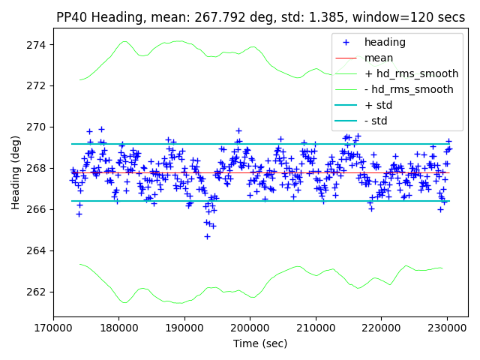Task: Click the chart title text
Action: point(260,17)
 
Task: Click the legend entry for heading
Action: point(384,42)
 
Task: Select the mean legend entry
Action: point(379,58)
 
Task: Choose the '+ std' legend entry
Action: point(378,105)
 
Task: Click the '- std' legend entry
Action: point(376,121)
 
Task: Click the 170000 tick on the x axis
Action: point(53,327)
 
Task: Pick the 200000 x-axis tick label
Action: point(250,327)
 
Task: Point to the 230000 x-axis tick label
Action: point(448,327)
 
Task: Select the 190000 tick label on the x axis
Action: point(184,327)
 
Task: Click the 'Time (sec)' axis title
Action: point(260,343)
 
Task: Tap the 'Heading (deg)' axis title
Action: point(15,172)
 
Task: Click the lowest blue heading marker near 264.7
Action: point(207,236)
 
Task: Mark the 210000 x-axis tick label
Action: point(316,327)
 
